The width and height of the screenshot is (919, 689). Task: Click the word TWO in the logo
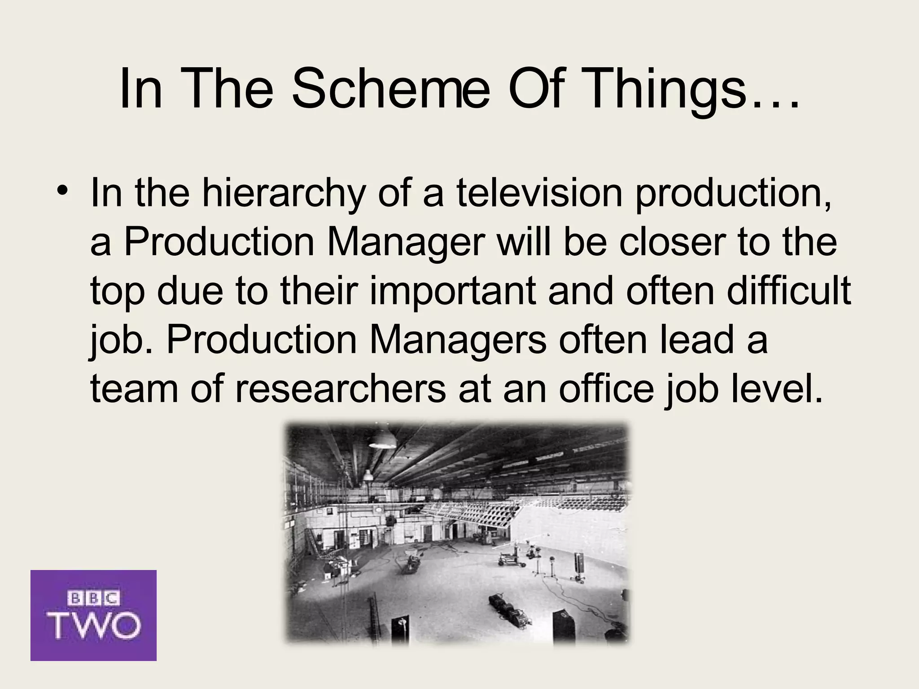tap(94, 625)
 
